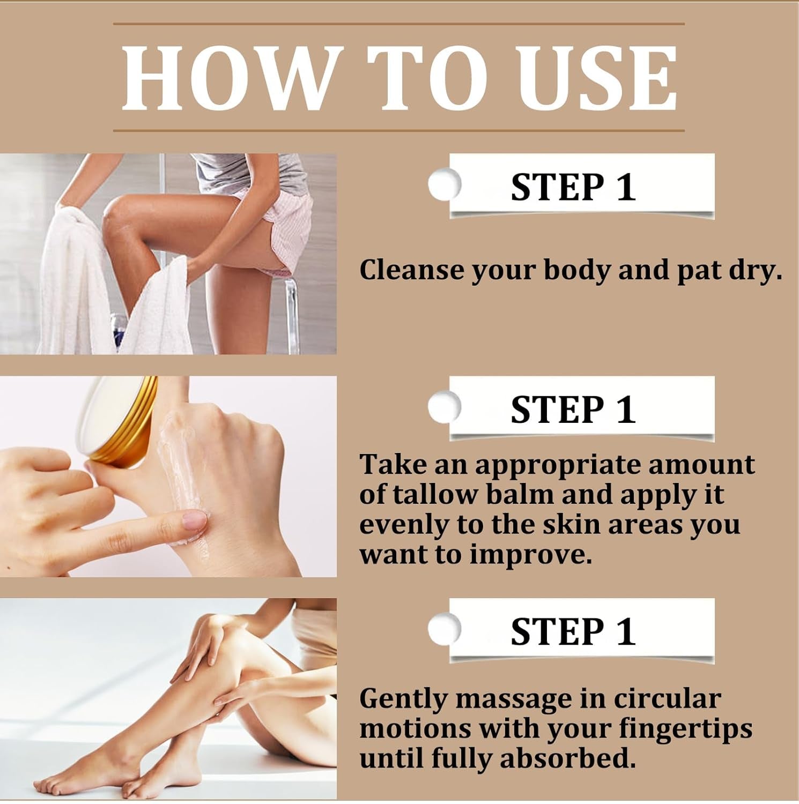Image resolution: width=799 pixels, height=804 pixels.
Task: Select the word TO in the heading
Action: click(429, 78)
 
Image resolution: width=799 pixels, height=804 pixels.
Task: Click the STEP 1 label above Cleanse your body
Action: click(573, 187)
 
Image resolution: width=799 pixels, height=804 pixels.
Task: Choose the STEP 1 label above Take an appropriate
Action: click(573, 410)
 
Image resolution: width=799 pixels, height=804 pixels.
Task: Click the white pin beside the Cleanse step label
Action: click(444, 184)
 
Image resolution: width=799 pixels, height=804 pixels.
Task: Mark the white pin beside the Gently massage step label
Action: click(444, 628)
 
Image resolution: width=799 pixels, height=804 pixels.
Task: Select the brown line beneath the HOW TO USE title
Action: click(399, 130)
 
